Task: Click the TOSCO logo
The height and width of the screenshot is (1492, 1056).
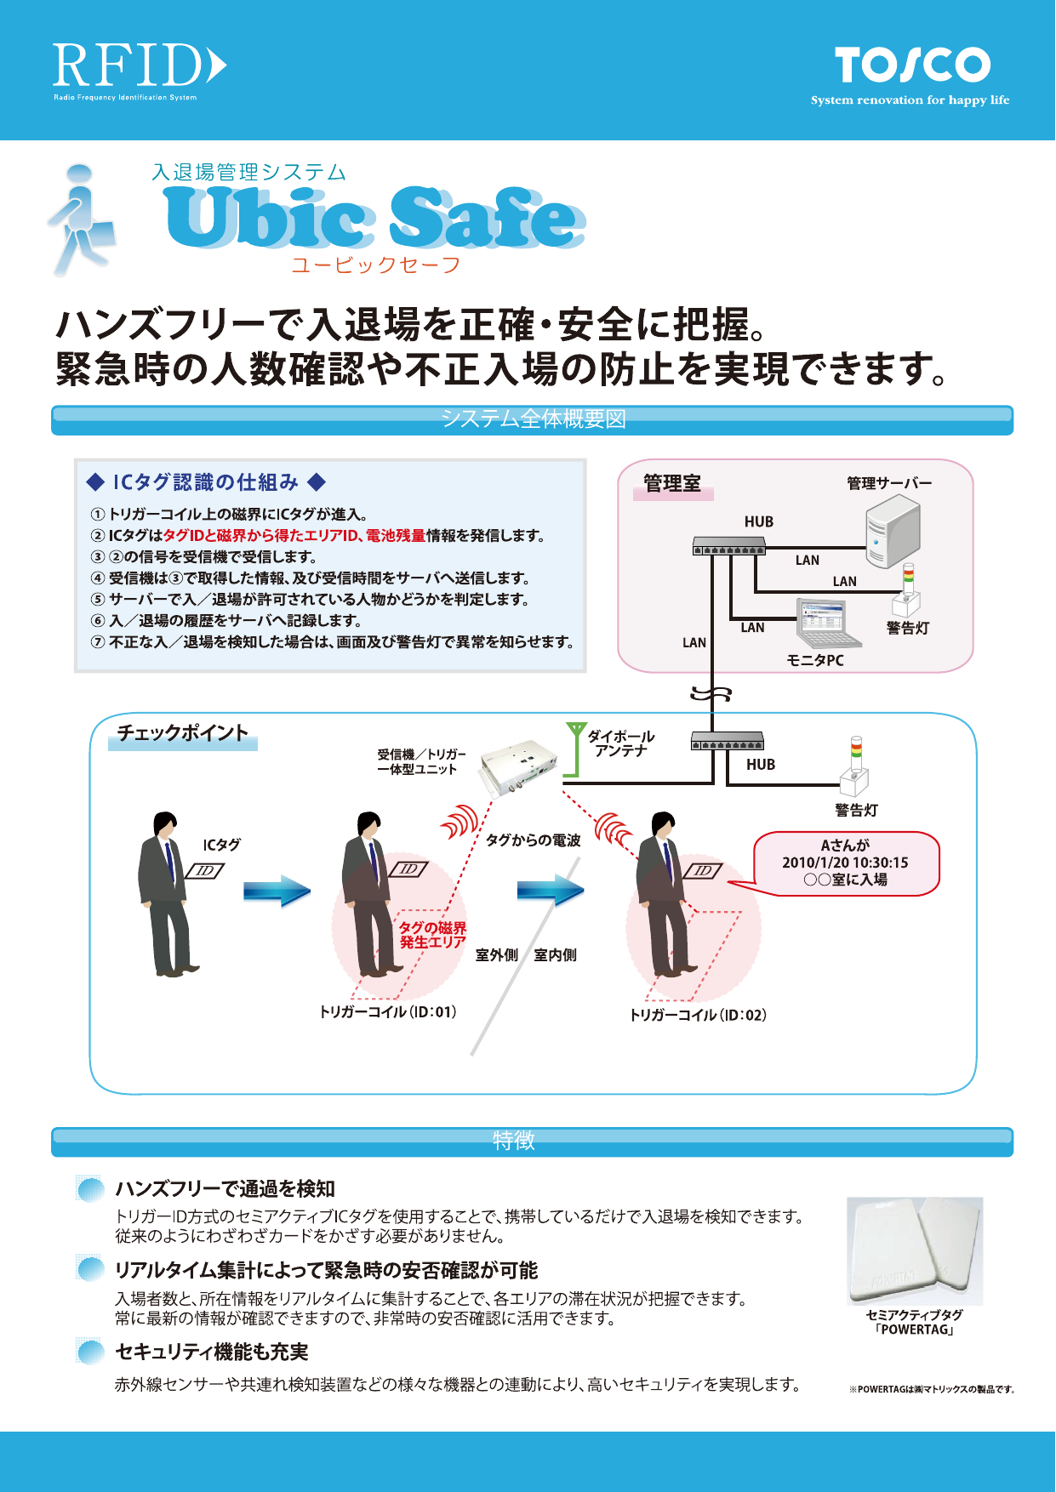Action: (x=911, y=66)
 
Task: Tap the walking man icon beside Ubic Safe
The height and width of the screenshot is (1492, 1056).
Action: (x=81, y=219)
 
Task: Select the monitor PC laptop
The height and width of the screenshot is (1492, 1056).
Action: (x=822, y=624)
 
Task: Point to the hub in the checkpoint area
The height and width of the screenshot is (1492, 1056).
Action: (x=727, y=741)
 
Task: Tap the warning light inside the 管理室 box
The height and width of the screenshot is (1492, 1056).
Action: (x=906, y=590)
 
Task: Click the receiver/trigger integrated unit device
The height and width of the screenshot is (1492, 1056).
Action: (x=518, y=763)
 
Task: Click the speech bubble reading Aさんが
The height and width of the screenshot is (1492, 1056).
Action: (x=846, y=863)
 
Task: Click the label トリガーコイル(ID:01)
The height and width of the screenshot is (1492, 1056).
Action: (x=388, y=1012)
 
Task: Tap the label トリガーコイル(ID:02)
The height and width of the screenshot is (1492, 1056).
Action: (x=698, y=1015)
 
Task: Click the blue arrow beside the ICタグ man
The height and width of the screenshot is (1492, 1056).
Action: (x=277, y=891)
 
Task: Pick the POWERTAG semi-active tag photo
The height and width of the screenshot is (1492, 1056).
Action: (x=915, y=1250)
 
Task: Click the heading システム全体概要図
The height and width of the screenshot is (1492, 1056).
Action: (x=533, y=419)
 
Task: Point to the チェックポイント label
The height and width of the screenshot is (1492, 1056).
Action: (x=182, y=733)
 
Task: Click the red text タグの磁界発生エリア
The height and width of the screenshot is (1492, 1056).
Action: (x=432, y=935)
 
